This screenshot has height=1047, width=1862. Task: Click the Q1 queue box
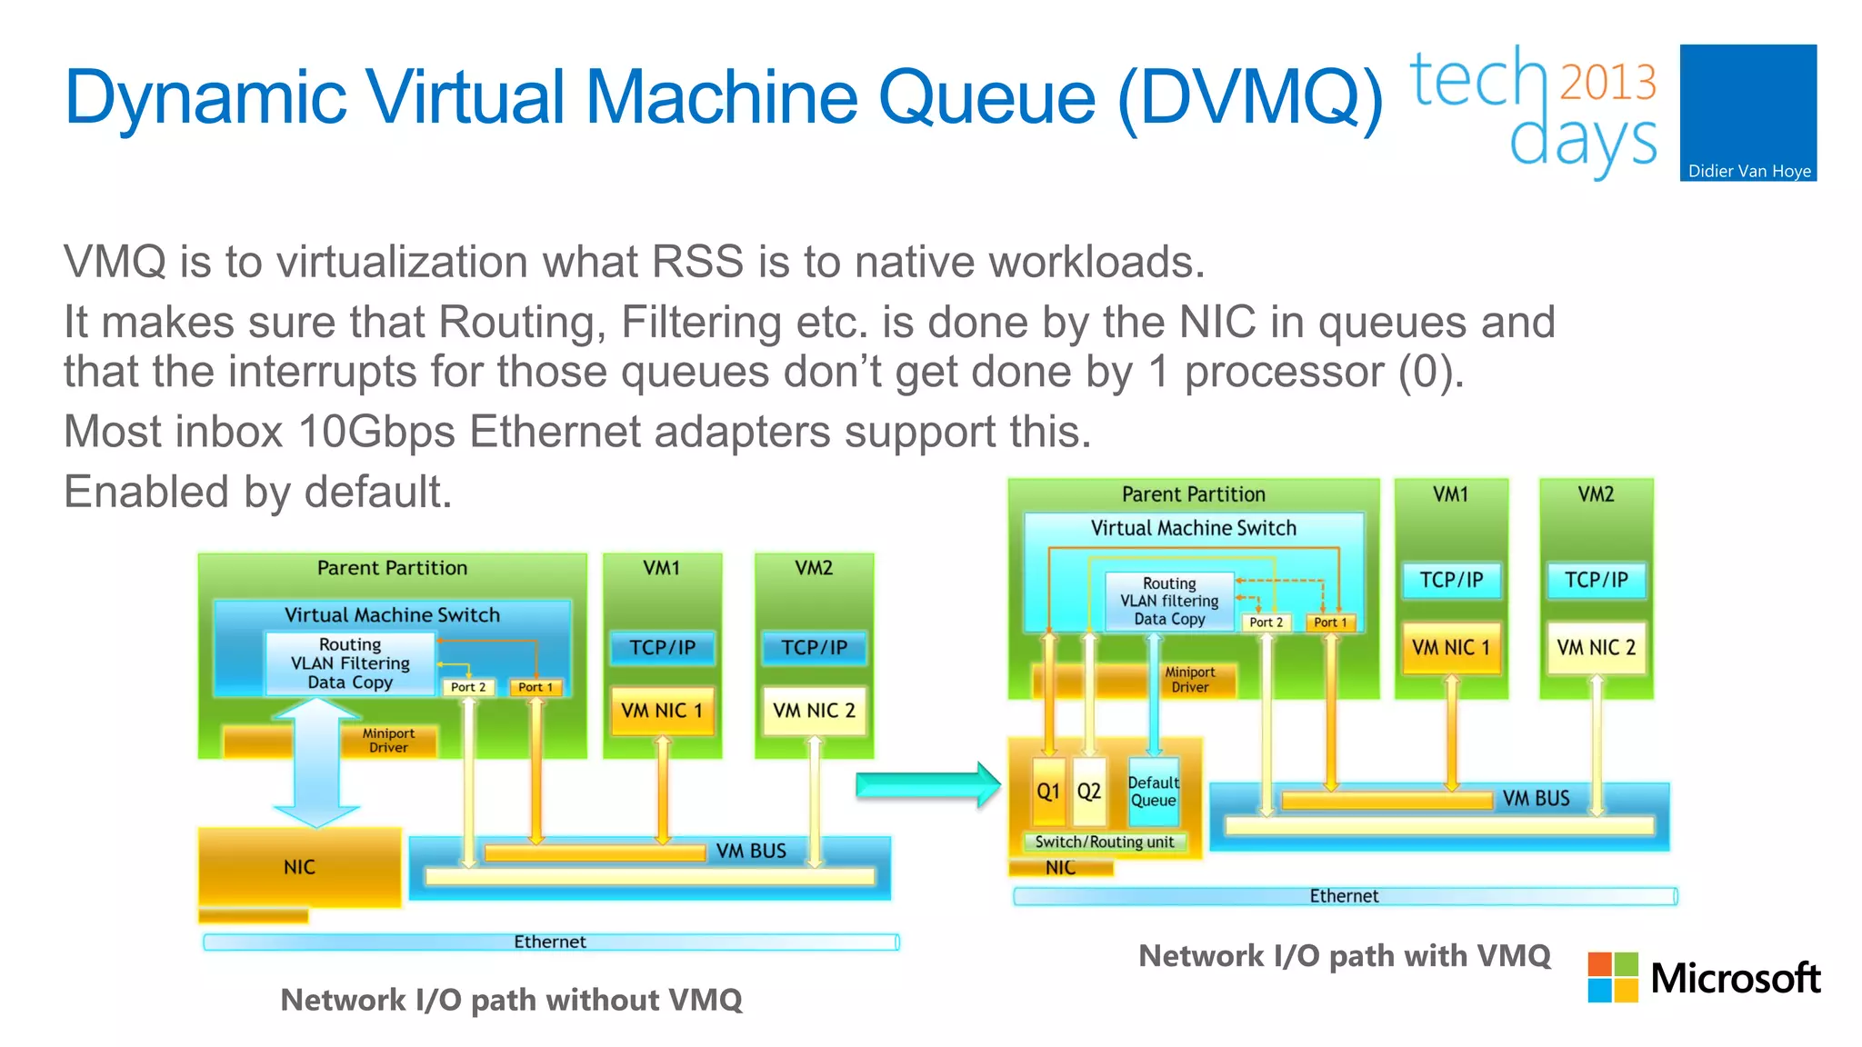[1048, 791]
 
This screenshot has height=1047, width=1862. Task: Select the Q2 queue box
[1089, 791]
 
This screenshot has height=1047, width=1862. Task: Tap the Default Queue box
[1153, 791]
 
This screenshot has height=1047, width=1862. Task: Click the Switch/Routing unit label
[1105, 842]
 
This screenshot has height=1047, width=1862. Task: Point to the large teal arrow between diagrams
[927, 784]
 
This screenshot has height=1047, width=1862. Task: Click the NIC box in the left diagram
[299, 866]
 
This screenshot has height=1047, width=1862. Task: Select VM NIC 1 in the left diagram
[662, 711]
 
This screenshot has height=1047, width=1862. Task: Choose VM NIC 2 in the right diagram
[1596, 647]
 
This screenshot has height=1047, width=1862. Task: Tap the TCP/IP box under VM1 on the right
[1451, 580]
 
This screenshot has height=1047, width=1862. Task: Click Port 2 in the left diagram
[468, 687]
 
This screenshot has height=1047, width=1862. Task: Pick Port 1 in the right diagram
[1330, 623]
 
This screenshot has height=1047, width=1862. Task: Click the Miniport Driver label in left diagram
[388, 740]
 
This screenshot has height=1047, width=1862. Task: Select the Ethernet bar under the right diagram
[1344, 896]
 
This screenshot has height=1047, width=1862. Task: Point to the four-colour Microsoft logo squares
[1613, 977]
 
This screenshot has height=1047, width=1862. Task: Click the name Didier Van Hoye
[1749, 171]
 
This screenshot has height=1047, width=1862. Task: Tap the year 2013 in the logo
[1607, 82]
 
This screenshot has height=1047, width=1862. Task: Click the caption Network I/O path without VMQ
[511, 1000]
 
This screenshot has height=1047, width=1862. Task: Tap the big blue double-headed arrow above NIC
[316, 762]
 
